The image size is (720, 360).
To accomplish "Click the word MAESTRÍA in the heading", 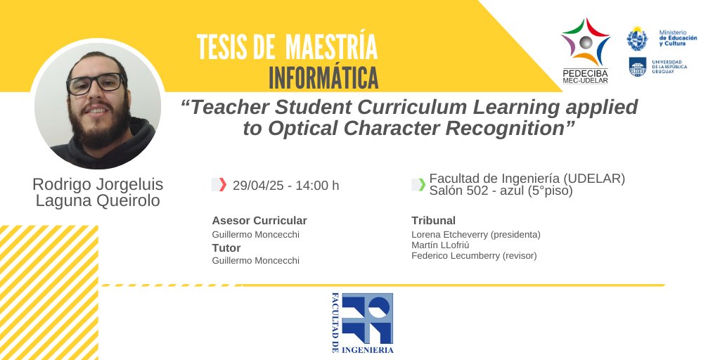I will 331,47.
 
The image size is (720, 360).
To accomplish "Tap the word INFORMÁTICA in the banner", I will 323,77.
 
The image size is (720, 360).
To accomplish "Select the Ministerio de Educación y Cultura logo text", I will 678,38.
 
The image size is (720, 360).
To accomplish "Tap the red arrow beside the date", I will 222,185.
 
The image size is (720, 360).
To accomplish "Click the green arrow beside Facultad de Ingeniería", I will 421,185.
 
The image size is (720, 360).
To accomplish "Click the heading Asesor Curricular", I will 259,220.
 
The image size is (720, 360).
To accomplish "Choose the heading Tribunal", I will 434,220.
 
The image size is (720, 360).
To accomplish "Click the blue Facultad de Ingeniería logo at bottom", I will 363,322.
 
